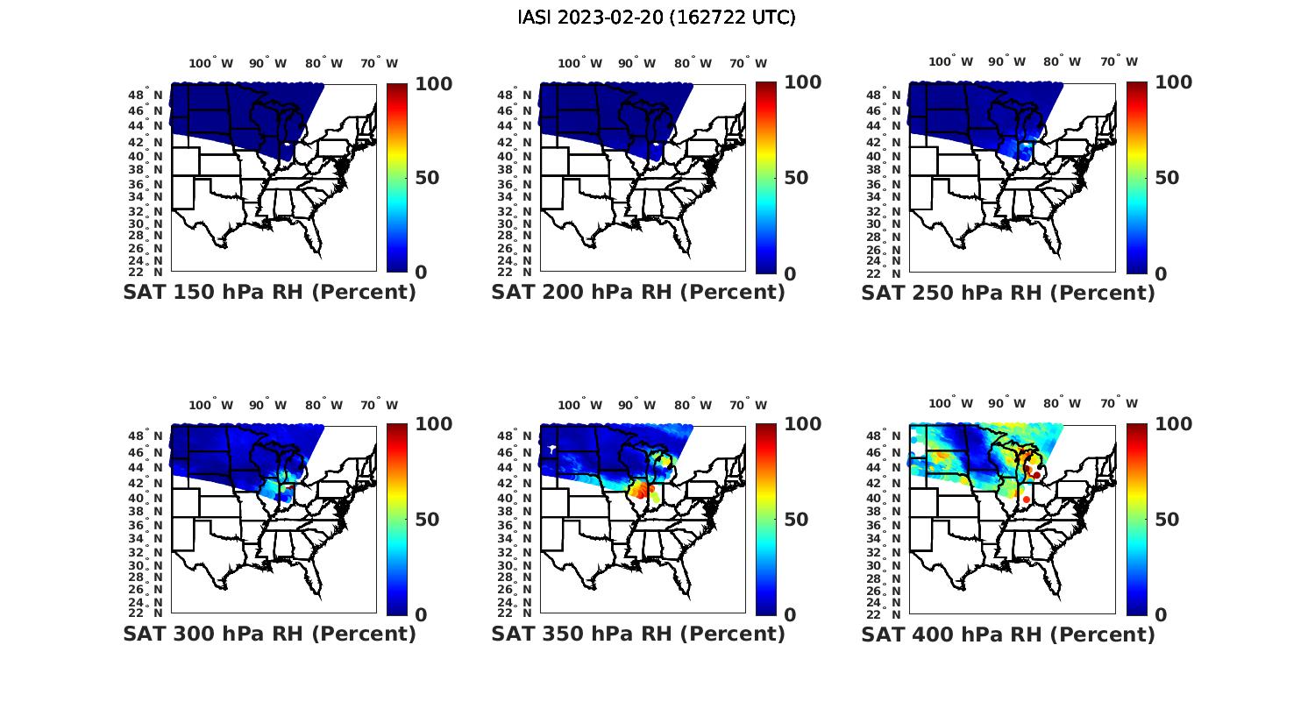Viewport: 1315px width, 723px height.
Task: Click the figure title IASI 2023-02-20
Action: pos(657,18)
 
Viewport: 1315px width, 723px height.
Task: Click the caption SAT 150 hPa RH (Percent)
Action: pos(269,293)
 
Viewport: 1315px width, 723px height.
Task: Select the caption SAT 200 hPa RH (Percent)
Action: pos(638,293)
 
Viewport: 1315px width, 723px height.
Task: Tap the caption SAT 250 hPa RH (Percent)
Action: pos(1008,293)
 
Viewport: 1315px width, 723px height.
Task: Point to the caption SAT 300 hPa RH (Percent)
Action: pos(269,634)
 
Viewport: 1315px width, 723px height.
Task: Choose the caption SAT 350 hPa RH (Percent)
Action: pos(638,634)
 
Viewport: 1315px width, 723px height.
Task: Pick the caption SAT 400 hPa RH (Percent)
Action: pos(1008,634)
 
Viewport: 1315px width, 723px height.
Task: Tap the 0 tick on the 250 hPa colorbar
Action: pos(1161,273)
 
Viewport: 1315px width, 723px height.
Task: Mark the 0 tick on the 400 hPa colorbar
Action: pos(1161,614)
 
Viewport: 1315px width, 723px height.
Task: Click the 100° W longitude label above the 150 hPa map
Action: pos(211,63)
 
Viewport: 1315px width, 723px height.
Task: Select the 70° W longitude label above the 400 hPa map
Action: pos(1119,404)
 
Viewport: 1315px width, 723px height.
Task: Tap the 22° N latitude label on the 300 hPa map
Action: pos(146,613)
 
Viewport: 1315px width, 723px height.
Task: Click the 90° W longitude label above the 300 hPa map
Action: pos(267,405)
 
